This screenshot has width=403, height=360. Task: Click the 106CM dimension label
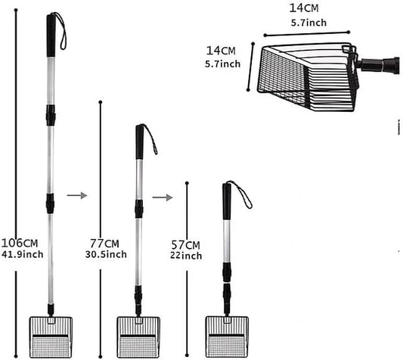point(20,243)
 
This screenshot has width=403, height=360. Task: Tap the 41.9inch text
point(23,254)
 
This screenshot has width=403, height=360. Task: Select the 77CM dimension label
point(104,244)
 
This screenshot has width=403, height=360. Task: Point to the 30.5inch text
point(106,254)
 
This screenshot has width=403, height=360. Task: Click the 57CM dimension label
point(185,245)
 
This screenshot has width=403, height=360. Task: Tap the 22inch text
point(186,256)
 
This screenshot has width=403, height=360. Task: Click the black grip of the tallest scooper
point(51,36)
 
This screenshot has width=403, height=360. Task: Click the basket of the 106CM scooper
point(51,337)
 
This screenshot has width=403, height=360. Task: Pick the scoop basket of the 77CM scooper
point(138,337)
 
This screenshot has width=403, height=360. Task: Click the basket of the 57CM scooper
point(227,337)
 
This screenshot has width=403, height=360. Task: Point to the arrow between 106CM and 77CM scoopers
point(77,195)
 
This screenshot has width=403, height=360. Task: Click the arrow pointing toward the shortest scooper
point(163,197)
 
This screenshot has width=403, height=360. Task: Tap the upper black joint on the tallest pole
point(51,115)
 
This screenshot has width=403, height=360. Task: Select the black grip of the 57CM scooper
point(227,201)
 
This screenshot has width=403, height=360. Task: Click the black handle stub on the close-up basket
point(380,64)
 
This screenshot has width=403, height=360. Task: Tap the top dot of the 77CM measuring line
point(101,102)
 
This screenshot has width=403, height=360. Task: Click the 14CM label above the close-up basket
point(304,8)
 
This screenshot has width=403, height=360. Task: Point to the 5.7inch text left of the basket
point(223,64)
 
